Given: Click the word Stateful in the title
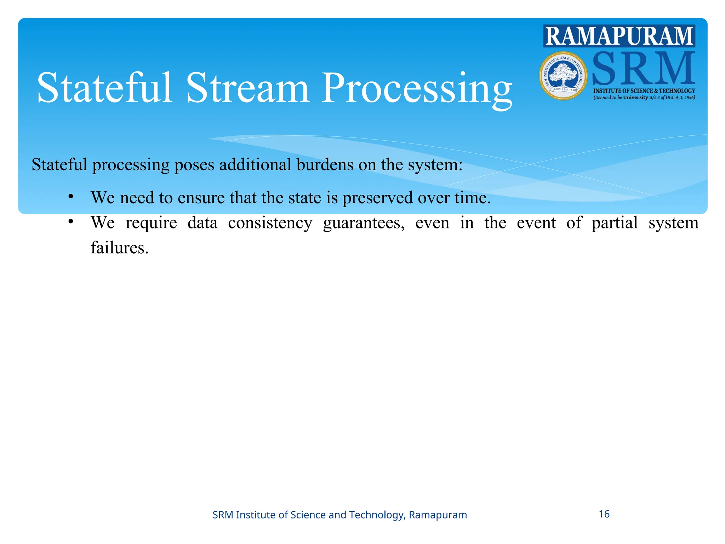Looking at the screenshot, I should [x=105, y=87].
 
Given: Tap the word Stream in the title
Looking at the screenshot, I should [x=248, y=87].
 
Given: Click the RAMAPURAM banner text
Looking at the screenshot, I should [x=619, y=36].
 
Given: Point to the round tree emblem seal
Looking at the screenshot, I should [x=563, y=75].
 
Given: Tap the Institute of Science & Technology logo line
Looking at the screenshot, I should [x=644, y=91].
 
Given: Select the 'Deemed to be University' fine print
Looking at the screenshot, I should [x=644, y=97].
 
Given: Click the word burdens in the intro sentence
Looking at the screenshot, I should [x=325, y=165].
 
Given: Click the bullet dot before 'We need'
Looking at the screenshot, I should [x=71, y=196].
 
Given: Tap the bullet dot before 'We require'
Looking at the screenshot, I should [x=71, y=222].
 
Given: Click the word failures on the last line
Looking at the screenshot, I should [x=119, y=248].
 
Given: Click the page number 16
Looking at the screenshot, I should [x=604, y=514].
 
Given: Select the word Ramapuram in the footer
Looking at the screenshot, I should [x=438, y=515].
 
